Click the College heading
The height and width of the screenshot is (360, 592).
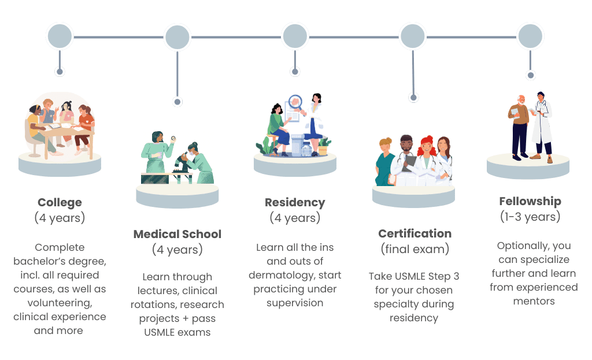click(60, 202)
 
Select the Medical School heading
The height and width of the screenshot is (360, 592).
click(177, 234)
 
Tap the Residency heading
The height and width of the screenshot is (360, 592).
click(295, 202)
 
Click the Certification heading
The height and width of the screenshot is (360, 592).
click(415, 233)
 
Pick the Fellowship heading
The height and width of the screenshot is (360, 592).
click(530, 201)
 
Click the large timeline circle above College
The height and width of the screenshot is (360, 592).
click(60, 36)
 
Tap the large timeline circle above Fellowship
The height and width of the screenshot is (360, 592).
click(530, 36)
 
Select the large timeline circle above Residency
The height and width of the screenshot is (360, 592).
click(295, 36)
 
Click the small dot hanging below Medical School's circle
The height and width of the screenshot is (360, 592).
click(177, 102)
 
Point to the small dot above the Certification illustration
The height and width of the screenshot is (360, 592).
click(413, 98)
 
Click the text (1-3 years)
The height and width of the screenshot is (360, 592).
click(530, 217)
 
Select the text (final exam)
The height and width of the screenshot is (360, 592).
click(415, 249)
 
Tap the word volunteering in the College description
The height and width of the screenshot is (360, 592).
click(60, 303)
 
